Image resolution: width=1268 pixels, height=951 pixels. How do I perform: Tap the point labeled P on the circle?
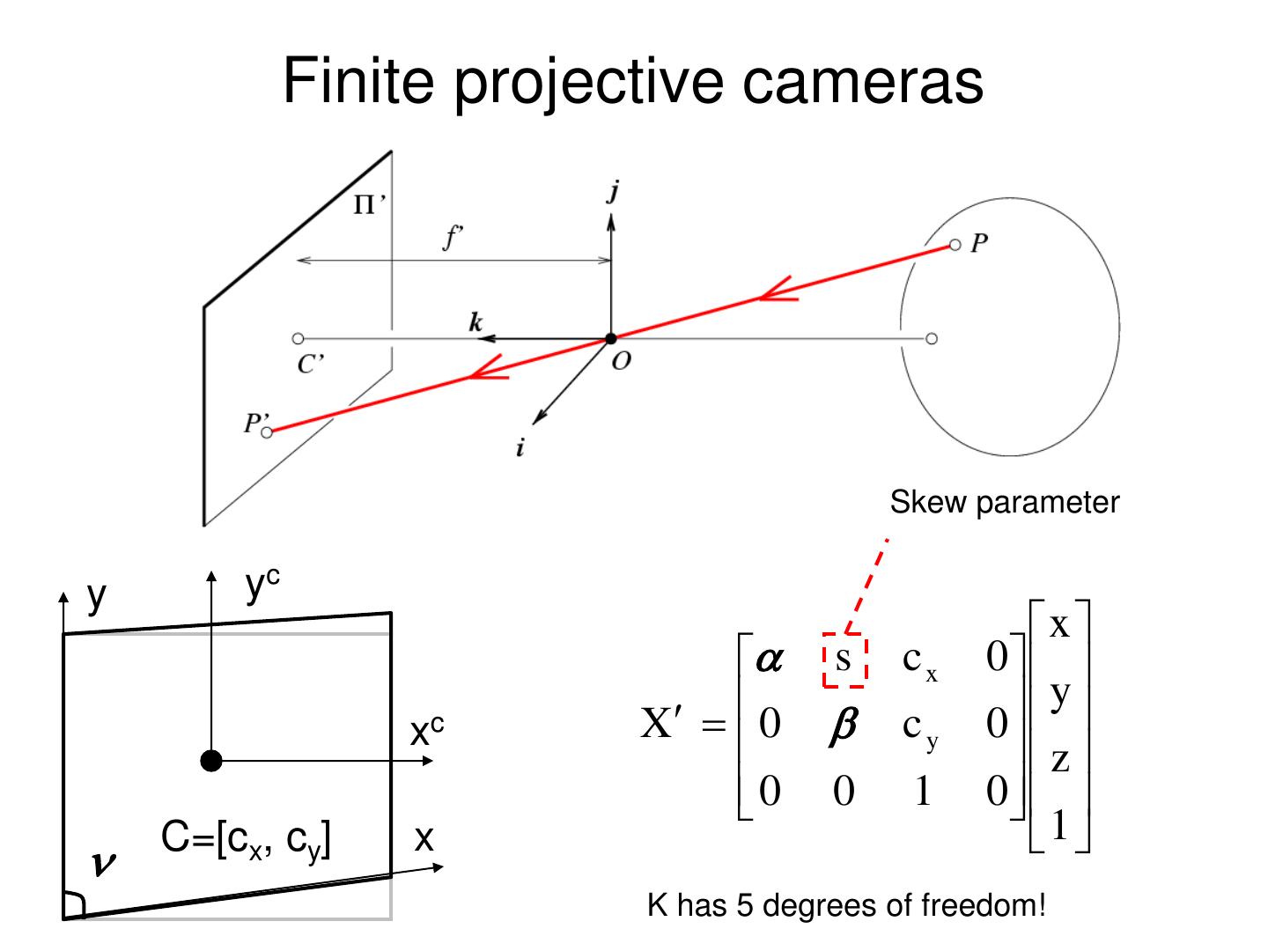955,245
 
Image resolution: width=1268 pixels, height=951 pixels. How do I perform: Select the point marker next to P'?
268,431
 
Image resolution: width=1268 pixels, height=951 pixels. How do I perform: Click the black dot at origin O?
610,338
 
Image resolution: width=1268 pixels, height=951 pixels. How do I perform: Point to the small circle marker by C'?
298,338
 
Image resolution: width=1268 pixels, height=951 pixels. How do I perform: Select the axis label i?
520,449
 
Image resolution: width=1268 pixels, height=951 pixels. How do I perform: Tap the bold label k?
475,322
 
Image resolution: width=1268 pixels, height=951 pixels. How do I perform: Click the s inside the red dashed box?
844,660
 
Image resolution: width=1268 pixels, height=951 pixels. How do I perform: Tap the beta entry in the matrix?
843,726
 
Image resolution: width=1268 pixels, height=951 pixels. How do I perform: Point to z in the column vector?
1060,759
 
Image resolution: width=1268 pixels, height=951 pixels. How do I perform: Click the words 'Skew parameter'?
1004,503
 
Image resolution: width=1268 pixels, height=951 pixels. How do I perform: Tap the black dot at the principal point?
211,761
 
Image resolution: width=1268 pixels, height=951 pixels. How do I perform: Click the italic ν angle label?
104,866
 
